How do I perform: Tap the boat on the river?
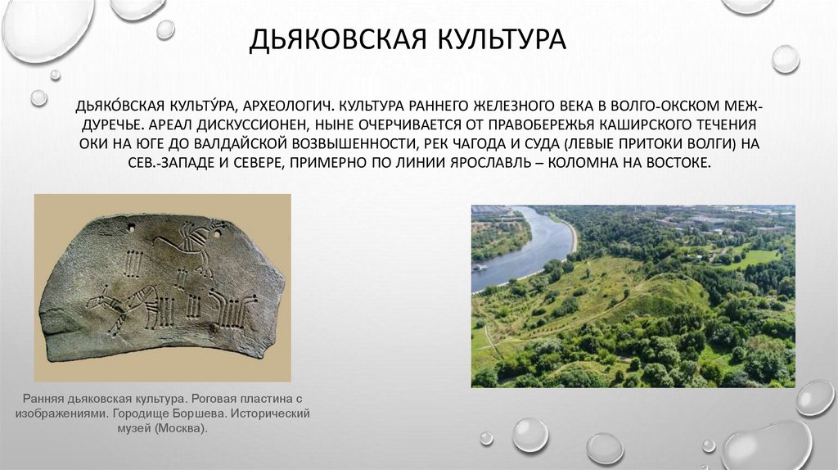click(480, 267)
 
